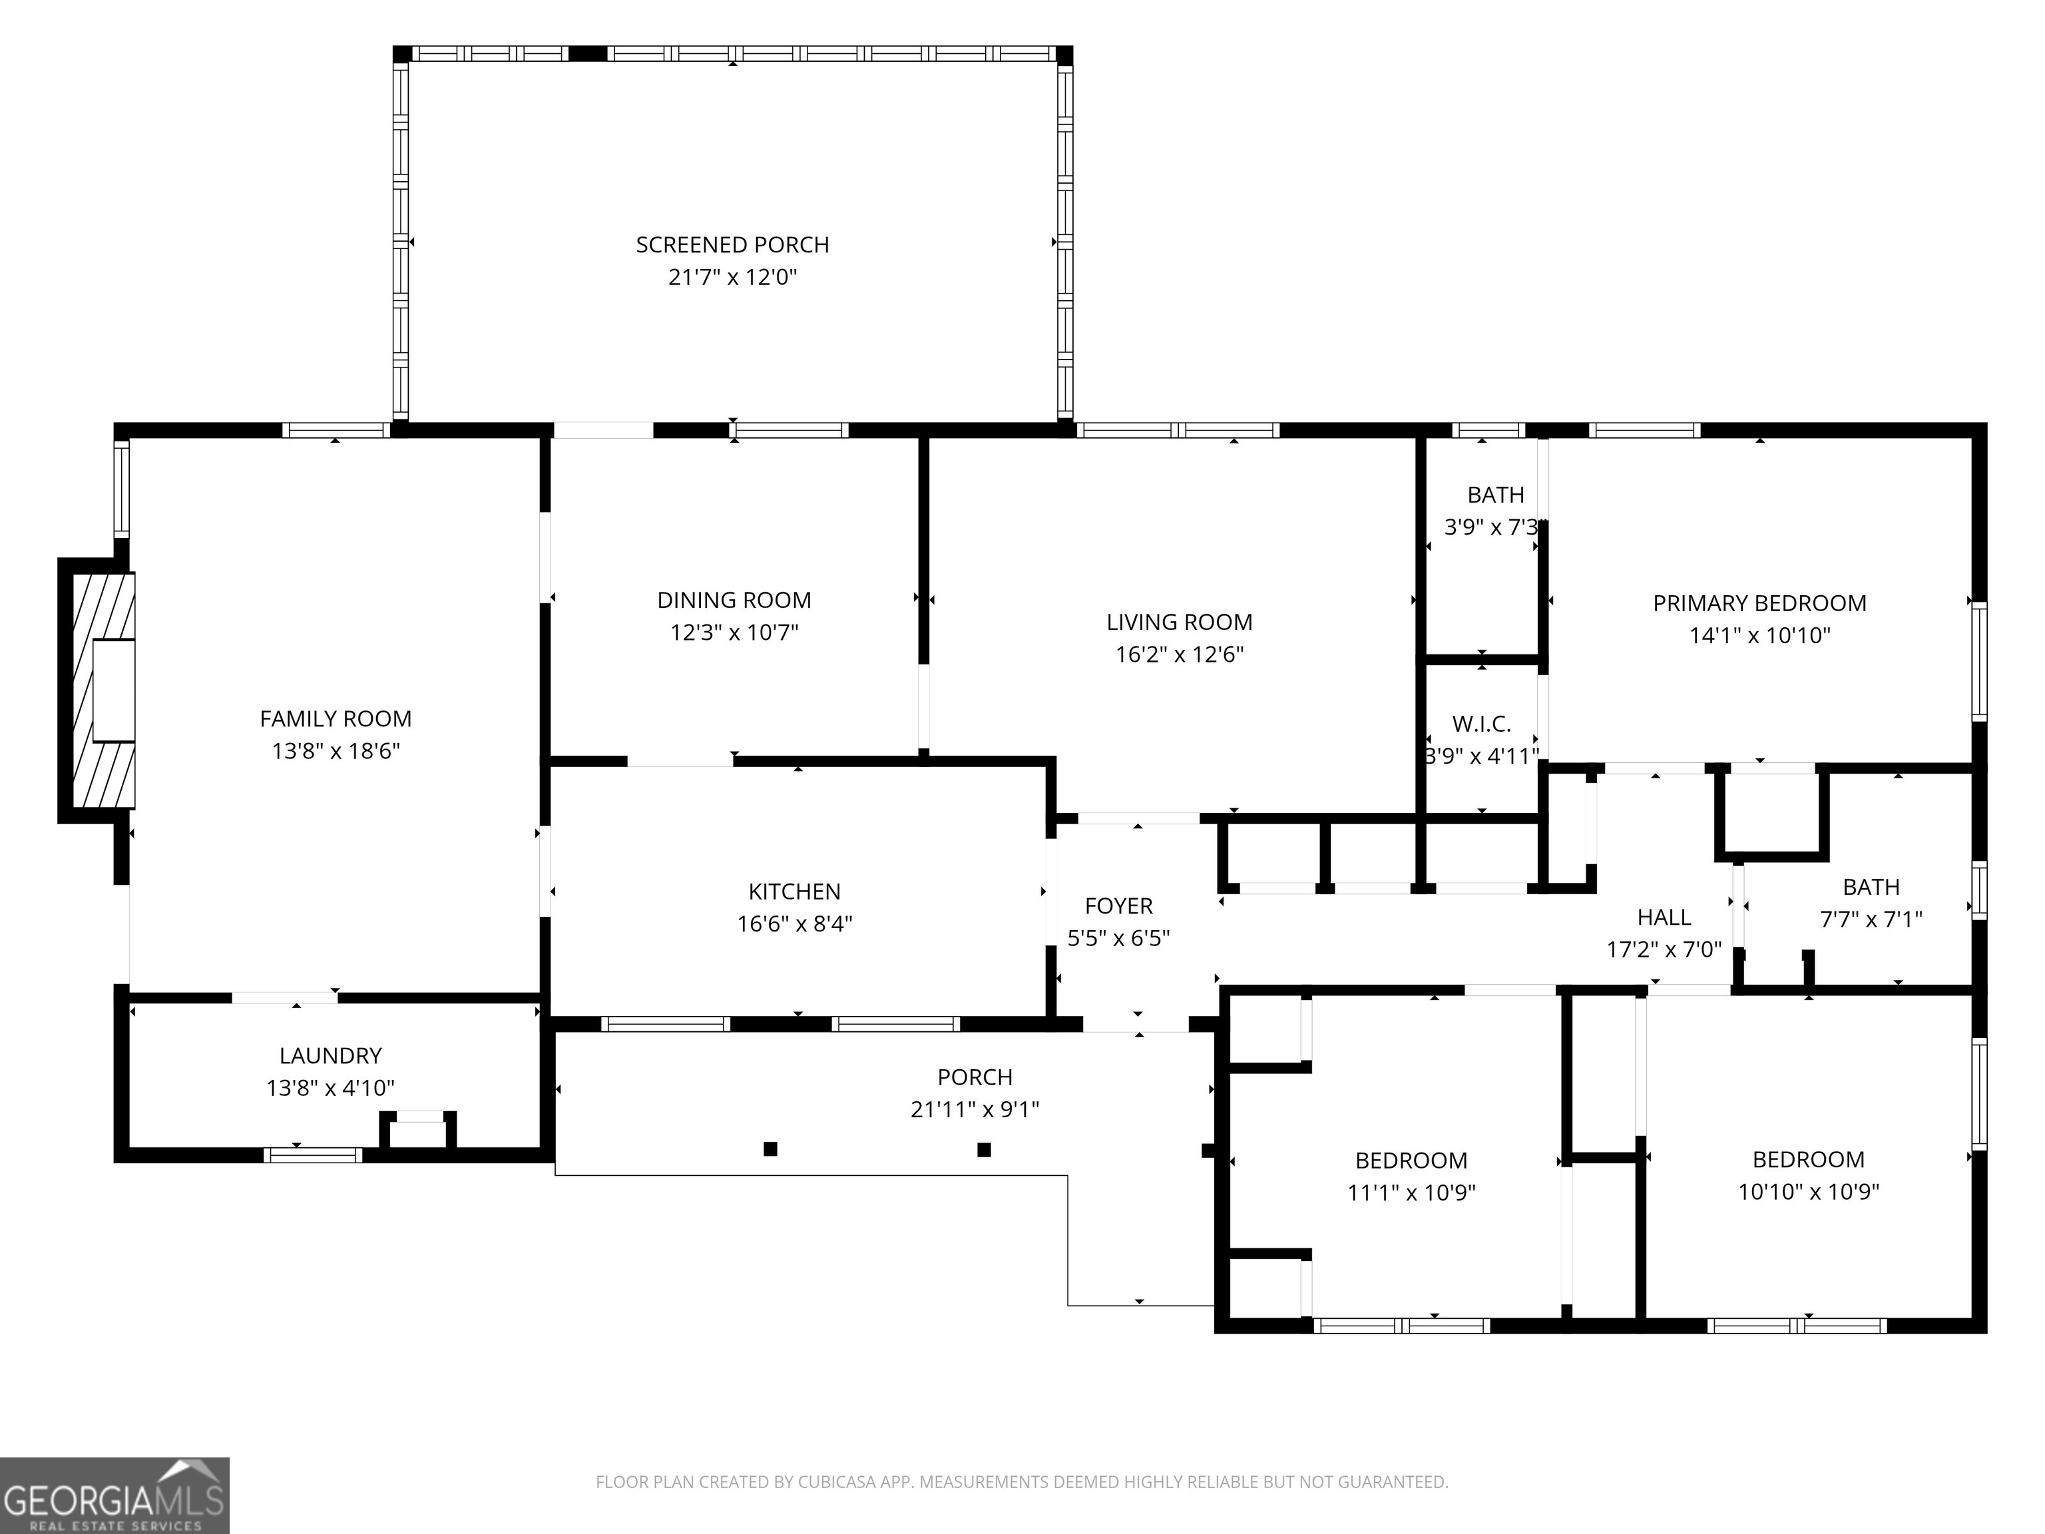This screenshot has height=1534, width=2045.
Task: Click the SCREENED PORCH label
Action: click(732, 245)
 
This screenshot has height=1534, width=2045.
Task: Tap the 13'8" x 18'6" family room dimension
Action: click(336, 751)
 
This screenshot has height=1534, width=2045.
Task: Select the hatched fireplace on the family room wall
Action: click(102, 690)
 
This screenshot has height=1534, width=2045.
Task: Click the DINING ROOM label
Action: click(734, 600)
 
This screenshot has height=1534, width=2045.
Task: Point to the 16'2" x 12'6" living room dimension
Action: click(1179, 654)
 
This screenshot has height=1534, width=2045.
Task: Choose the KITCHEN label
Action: click(794, 892)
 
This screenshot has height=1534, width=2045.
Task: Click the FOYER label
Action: click(1118, 906)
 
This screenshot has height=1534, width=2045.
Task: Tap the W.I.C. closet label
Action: click(1481, 724)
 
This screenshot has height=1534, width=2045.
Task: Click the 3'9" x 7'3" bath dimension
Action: click(1490, 527)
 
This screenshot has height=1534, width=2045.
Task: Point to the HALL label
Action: click(1664, 917)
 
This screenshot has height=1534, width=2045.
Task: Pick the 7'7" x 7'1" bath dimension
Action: click(1871, 919)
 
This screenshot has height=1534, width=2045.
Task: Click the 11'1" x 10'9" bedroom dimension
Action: click(1411, 1193)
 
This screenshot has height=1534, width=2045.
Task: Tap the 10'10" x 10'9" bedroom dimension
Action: click(1808, 1192)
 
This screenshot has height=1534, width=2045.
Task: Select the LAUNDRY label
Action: click(330, 1056)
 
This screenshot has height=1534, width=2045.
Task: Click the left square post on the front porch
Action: click(770, 1149)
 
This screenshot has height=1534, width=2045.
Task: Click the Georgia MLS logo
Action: click(114, 1495)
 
